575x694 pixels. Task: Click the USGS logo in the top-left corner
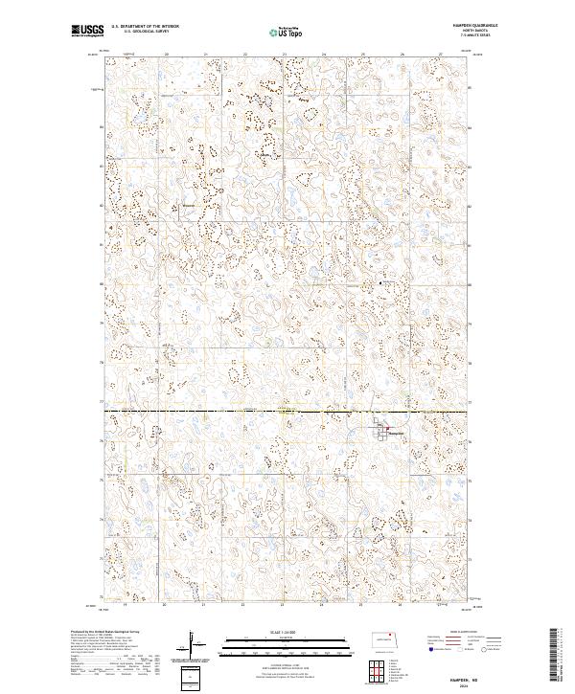coord(87,31)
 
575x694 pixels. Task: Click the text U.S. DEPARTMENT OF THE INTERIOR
coord(145,27)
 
